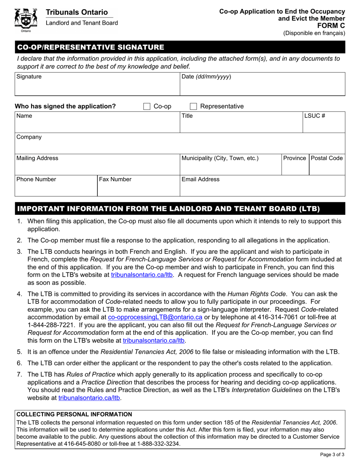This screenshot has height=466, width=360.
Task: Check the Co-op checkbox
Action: (x=147, y=106)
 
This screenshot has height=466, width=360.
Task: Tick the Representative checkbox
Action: (x=193, y=106)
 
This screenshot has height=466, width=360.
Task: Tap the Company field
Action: (x=180, y=146)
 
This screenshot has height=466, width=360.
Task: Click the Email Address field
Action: (x=262, y=188)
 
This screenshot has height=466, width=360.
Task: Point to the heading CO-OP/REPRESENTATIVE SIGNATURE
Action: (x=89, y=47)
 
